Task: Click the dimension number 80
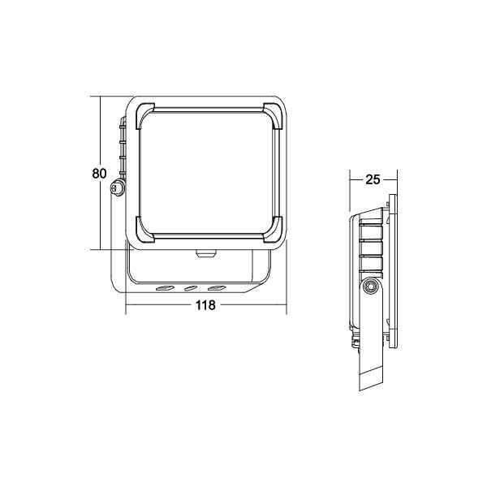[99, 173]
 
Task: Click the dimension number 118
[205, 305]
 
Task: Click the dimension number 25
[373, 179]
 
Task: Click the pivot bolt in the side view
[371, 286]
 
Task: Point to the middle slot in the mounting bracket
[191, 287]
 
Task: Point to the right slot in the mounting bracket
[216, 287]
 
